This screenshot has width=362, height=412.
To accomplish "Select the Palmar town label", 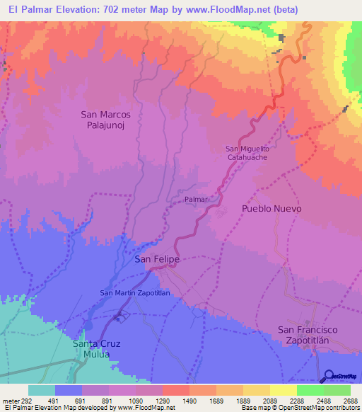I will click(196, 200).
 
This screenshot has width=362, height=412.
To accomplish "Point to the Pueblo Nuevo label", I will click(271, 209).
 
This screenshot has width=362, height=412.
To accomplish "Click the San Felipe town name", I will click(157, 260).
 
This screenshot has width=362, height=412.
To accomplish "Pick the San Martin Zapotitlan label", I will click(135, 293).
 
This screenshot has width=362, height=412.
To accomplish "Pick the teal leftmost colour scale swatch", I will click(42, 390).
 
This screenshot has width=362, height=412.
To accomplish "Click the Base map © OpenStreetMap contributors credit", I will click(300, 408).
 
